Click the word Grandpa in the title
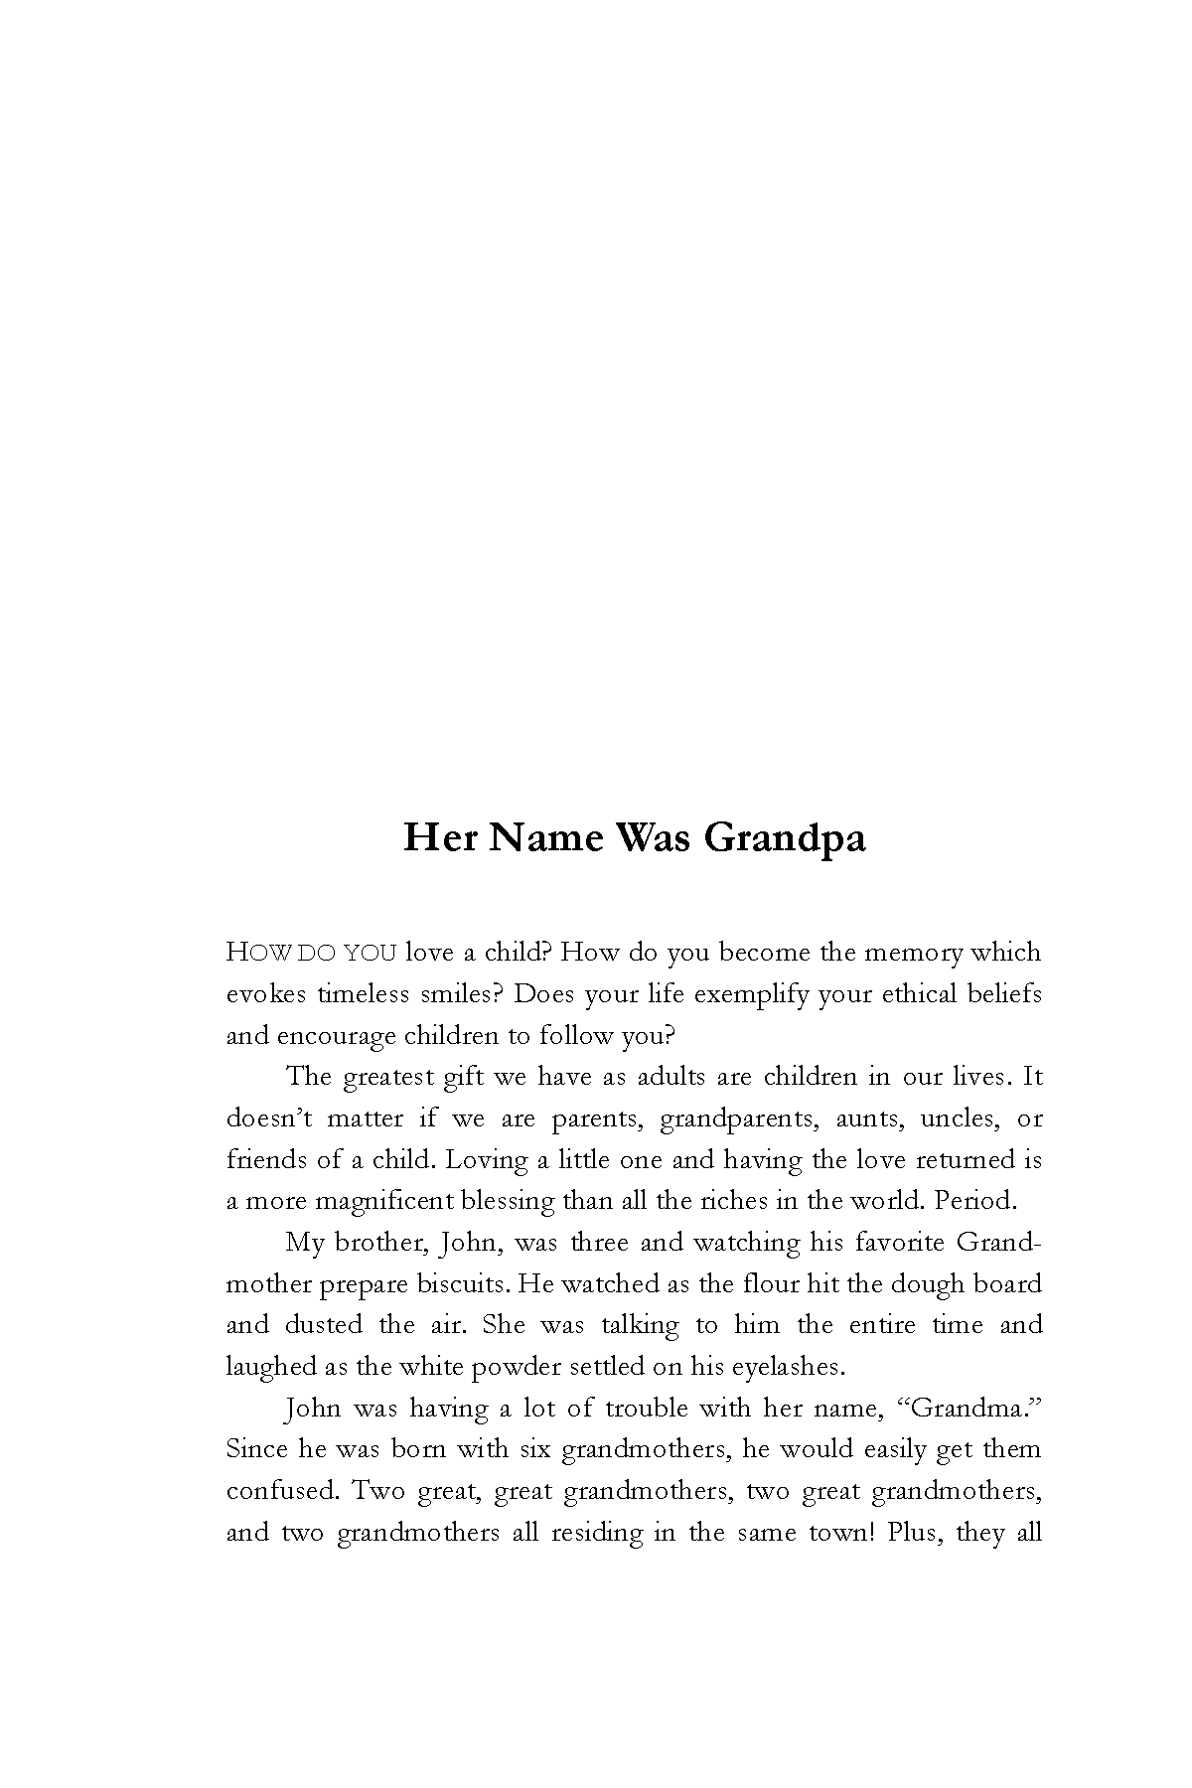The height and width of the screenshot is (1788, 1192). pos(785,839)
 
